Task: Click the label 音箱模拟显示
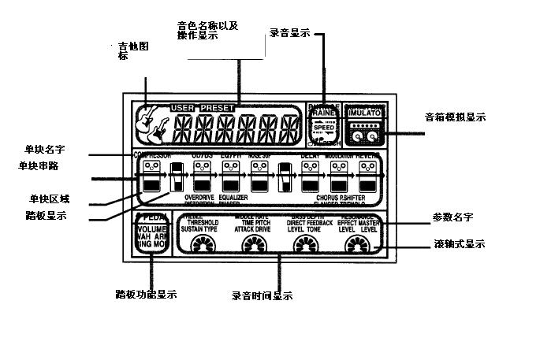pyautogui.click(x=455, y=117)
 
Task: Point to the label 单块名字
pyautogui.click(x=43, y=148)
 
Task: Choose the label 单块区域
pyautogui.click(x=50, y=199)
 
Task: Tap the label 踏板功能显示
pyautogui.click(x=146, y=295)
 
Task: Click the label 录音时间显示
pyautogui.click(x=262, y=296)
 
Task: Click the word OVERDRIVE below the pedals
pyautogui.click(x=200, y=197)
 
